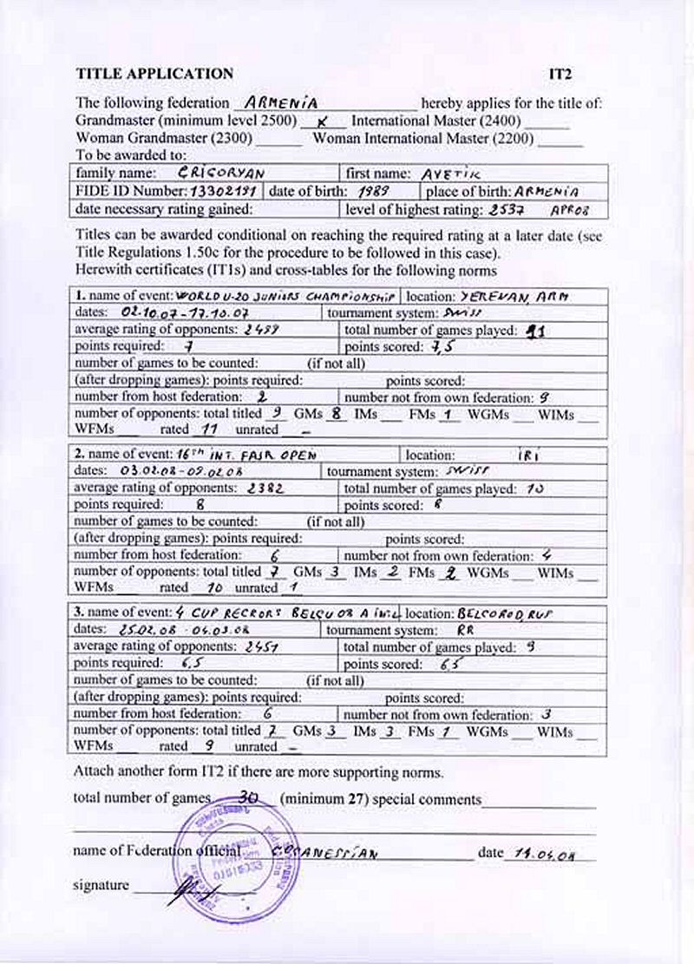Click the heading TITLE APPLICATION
154,74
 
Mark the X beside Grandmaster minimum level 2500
322,122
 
